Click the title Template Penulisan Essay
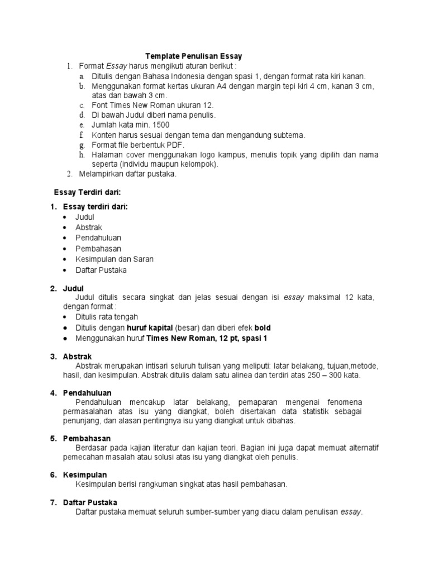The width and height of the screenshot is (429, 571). [194, 56]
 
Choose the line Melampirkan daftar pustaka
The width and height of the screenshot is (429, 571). [127, 173]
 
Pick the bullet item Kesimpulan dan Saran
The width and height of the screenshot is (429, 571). [115, 259]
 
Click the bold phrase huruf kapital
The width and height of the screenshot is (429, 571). [150, 328]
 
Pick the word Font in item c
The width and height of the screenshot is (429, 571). [101, 105]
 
